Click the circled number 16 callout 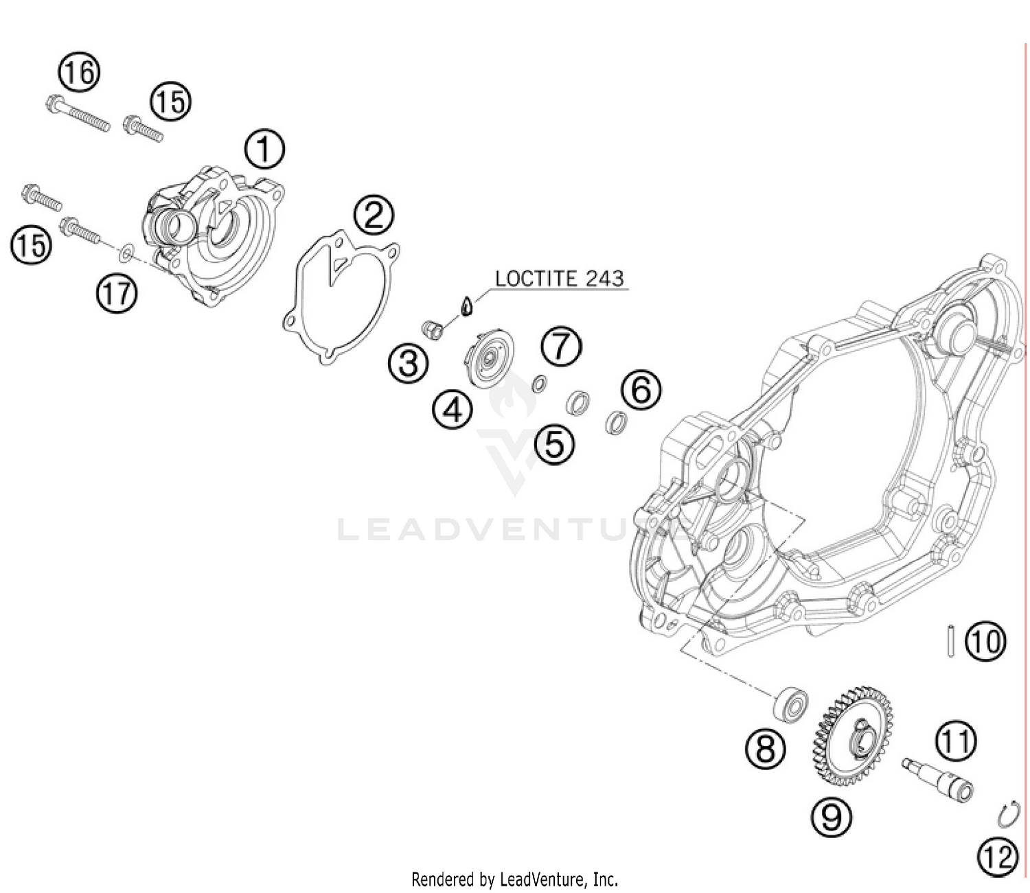78,72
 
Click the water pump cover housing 213,233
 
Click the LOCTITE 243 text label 559,278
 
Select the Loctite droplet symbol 466,305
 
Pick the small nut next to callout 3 433,329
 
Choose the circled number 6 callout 641,390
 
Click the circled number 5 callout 555,443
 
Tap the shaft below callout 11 939,780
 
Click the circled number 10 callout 985,642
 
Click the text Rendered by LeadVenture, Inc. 514,879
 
